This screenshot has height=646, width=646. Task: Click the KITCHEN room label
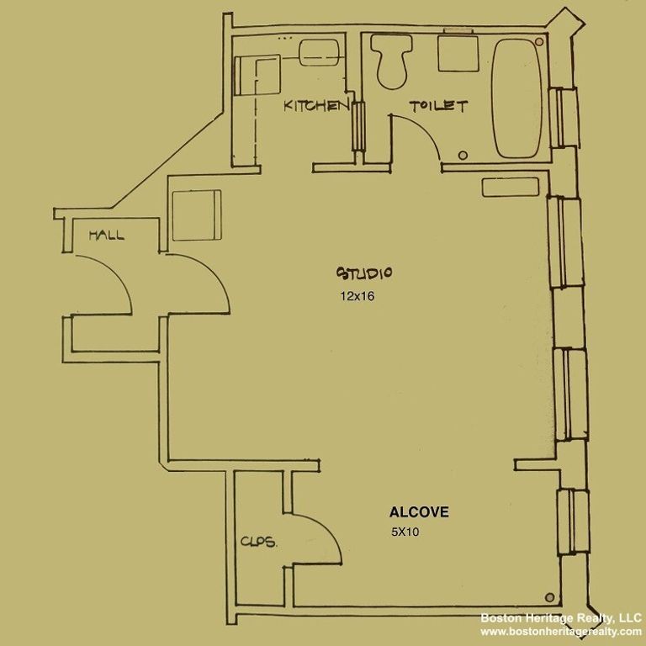[x=315, y=105]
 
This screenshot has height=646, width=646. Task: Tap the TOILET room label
[x=437, y=106]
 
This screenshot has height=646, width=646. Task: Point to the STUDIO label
[x=365, y=273]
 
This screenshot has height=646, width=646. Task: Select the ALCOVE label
[x=418, y=511]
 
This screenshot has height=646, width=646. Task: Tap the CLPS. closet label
[x=259, y=543]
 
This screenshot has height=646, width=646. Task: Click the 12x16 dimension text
[x=357, y=296]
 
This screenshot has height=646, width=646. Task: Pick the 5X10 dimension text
[x=405, y=532]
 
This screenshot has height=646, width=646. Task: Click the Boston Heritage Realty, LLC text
[x=560, y=617]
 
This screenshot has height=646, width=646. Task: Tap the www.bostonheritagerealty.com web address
[x=560, y=632]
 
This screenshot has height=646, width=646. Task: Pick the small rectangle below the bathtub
[x=505, y=186]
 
